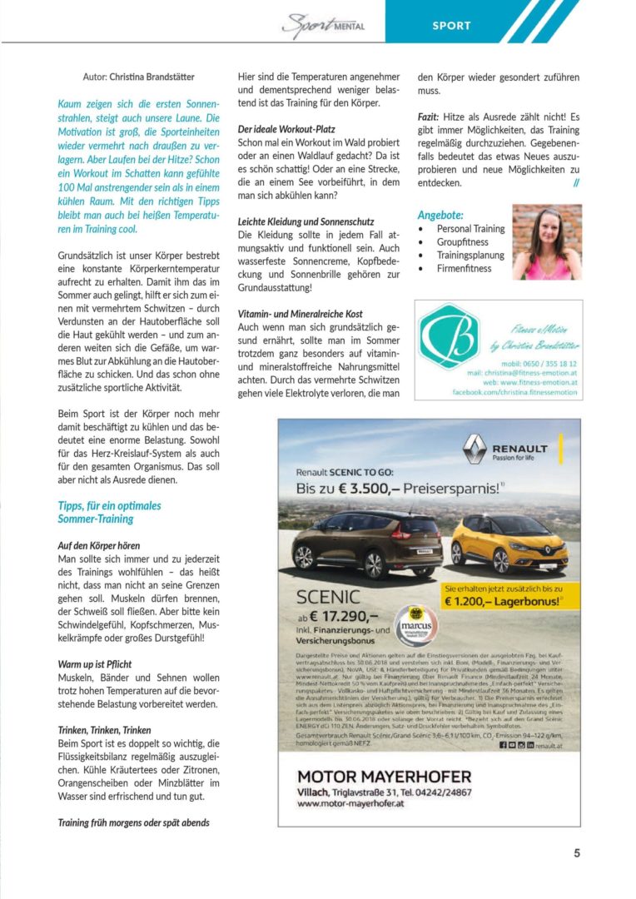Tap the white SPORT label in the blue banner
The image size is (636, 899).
(451, 26)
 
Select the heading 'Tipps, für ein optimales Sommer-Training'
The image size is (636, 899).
(109, 512)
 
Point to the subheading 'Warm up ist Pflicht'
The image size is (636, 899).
(96, 665)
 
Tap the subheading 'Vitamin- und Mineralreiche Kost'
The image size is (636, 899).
(300, 314)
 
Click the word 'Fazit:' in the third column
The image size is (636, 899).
(429, 117)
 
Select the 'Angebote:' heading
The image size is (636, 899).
(440, 214)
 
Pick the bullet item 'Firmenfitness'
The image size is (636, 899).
(464, 268)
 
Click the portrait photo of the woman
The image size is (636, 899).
(547, 242)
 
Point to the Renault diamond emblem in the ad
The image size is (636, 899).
(475, 449)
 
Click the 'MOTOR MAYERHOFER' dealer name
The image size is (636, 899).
(384, 776)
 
